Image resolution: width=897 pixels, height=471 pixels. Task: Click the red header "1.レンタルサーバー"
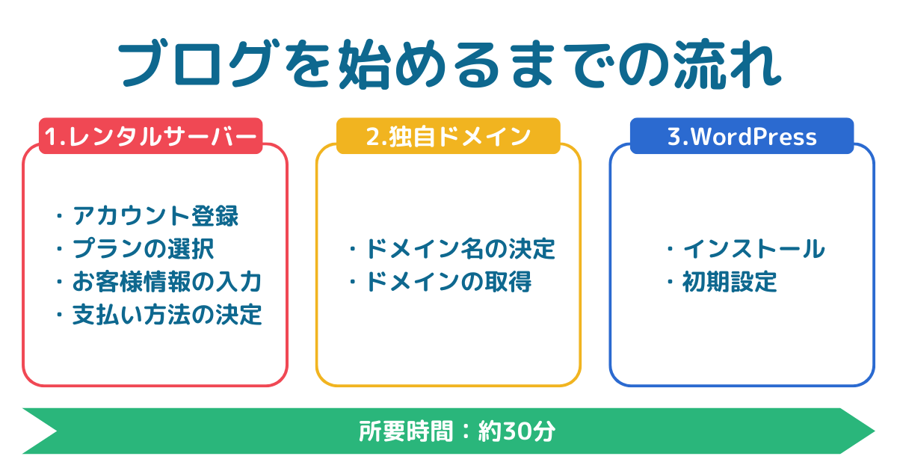(150, 137)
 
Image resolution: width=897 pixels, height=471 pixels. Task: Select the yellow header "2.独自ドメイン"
(448, 137)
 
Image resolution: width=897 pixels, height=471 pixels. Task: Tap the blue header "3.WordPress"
(742, 137)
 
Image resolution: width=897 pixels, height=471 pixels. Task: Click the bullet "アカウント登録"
(155, 216)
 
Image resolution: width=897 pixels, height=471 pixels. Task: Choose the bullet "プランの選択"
(144, 248)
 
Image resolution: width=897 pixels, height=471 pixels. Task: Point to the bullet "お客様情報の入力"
(166, 282)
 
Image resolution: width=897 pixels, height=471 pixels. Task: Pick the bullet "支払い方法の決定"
(166, 315)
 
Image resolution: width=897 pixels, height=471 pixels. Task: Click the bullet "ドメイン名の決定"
(459, 248)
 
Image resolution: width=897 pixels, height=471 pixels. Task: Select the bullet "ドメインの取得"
(447, 282)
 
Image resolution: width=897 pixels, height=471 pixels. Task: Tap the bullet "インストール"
(753, 248)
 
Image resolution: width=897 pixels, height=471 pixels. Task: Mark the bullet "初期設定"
(730, 282)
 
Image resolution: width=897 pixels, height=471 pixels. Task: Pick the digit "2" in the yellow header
(372, 137)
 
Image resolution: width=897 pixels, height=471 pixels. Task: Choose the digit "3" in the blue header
(672, 137)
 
